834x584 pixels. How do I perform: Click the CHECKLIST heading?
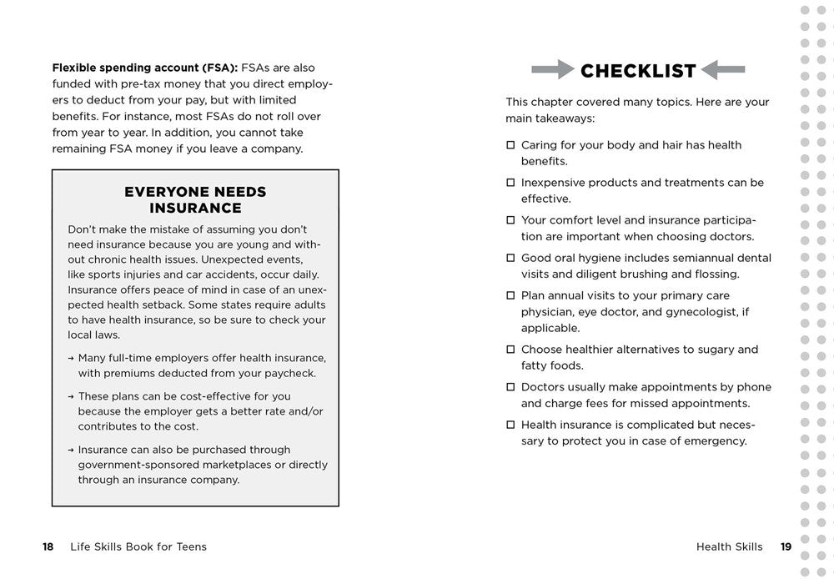pos(638,71)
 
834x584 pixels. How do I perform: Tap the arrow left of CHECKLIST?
pos(553,69)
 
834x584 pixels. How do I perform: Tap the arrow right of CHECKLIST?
pos(723,69)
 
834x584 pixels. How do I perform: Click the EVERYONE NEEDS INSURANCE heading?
pos(195,200)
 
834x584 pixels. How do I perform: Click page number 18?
pos(48,547)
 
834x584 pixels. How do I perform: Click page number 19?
pos(786,547)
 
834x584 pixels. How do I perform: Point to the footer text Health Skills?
pos(729,547)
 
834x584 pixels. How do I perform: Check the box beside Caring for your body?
pos(510,145)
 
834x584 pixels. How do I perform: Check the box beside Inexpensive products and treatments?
pos(510,183)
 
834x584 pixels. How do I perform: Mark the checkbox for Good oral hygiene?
pos(510,258)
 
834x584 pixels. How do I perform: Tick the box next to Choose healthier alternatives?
pos(510,350)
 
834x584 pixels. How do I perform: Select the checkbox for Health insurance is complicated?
pos(510,425)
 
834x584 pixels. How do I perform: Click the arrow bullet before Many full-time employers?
pos(71,358)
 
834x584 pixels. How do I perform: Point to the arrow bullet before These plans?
pos(71,396)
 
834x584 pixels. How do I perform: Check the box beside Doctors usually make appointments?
pos(510,387)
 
